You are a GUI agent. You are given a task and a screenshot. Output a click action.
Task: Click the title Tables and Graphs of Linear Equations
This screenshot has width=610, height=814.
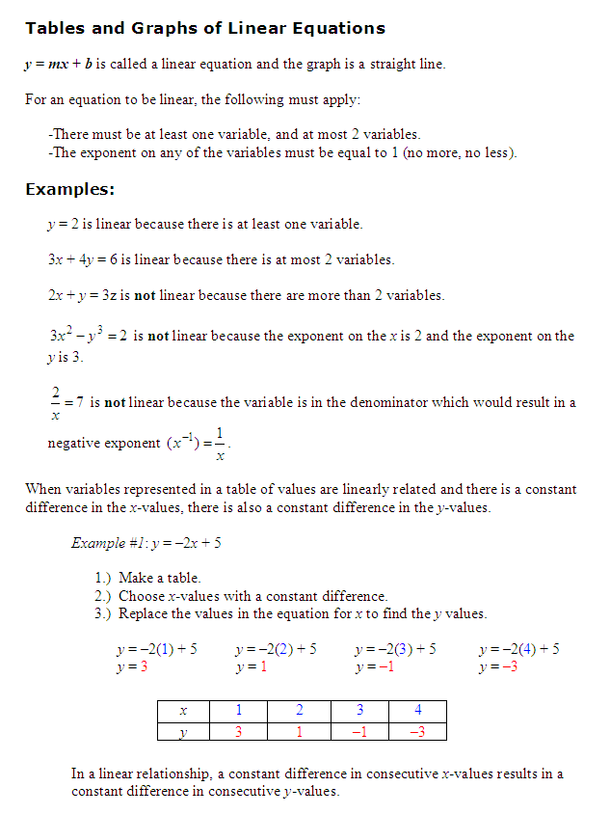205,28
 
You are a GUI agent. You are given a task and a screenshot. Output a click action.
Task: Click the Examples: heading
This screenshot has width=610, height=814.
70,188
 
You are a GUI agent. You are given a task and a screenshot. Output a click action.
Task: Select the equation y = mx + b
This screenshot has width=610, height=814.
60,64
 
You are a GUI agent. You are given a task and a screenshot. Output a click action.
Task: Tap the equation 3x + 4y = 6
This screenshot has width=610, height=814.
82,259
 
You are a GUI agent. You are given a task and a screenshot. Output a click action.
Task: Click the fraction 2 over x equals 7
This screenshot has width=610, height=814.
65,403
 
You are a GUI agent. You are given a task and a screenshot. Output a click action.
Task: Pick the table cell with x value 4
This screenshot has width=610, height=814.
417,710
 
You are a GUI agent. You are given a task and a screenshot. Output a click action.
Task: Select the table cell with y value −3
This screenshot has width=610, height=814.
417,731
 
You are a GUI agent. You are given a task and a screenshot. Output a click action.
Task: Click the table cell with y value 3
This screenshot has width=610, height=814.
239,731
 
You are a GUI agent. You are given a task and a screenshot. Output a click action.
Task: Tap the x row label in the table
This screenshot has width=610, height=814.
182,710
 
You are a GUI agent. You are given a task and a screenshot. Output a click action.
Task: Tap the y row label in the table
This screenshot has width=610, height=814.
182,731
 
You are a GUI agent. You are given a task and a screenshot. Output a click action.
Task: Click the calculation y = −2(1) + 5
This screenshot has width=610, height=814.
156,649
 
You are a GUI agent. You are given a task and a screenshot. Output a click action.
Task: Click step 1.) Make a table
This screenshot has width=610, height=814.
147,578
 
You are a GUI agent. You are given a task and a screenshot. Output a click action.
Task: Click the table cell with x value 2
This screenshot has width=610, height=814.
299,710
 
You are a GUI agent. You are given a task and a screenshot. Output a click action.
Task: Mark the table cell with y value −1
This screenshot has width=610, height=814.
358,731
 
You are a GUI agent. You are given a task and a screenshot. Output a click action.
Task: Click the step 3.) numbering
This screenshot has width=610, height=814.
104,614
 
